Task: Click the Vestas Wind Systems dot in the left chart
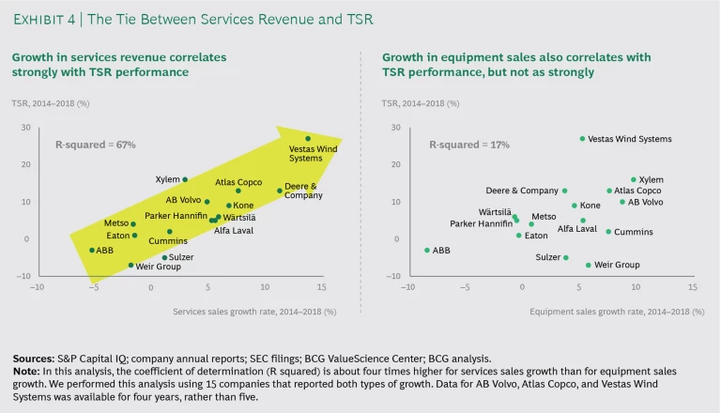pyautogui.click(x=307, y=139)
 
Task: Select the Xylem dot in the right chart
pyautogui.click(x=634, y=179)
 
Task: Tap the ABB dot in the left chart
pyautogui.click(x=92, y=250)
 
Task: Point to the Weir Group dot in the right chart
pyautogui.click(x=589, y=265)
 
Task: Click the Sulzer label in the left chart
pyautogui.click(x=181, y=256)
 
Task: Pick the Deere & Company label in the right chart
pyautogui.click(x=521, y=191)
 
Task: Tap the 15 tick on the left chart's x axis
pyautogui.click(x=321, y=287)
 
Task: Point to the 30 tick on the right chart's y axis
pyautogui.click(x=395, y=127)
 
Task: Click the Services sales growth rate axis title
pyautogui.click(x=253, y=310)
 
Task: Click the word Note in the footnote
pyautogui.click(x=26, y=370)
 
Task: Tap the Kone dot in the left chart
pyautogui.click(x=228, y=206)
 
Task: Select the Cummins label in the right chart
pyautogui.click(x=635, y=232)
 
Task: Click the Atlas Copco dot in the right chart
pyautogui.click(x=608, y=191)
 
